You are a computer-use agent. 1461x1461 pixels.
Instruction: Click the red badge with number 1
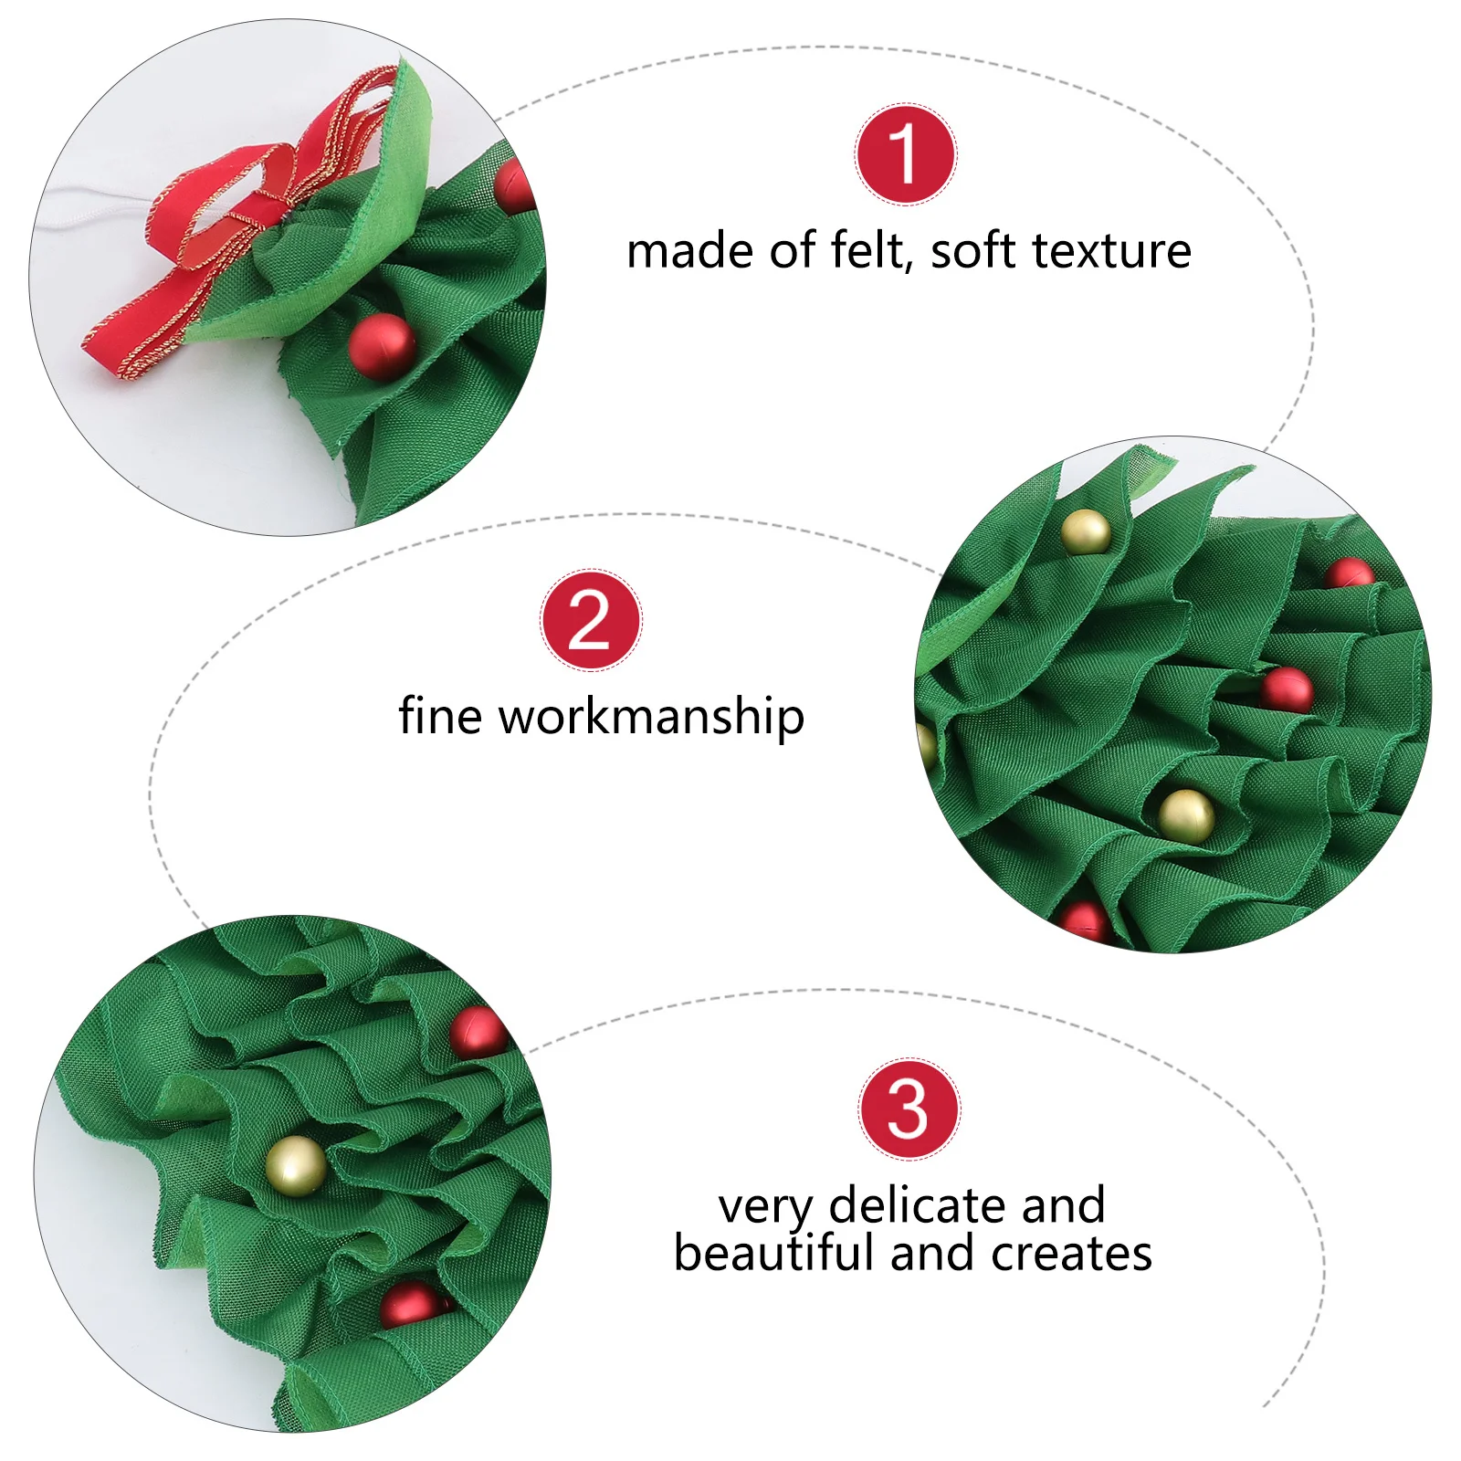(x=905, y=153)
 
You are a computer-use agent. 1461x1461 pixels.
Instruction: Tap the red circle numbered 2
(x=591, y=620)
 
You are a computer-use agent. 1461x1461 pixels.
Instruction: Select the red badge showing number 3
(x=909, y=1109)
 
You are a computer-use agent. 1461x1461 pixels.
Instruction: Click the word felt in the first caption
(x=867, y=250)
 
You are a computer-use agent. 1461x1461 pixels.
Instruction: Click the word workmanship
(x=651, y=717)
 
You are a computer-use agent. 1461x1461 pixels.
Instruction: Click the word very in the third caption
(x=764, y=1207)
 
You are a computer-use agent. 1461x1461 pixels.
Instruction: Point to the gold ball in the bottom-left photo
(x=296, y=1166)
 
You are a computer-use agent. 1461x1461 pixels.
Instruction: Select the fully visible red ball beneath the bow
(x=382, y=346)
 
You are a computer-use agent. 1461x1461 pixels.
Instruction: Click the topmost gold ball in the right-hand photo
(x=1086, y=531)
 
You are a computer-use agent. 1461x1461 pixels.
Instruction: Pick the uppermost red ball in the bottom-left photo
(x=478, y=1032)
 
